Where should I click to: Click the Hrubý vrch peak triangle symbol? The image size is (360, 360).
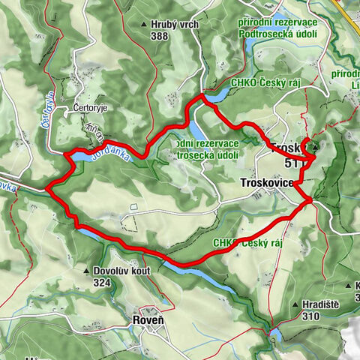(144, 25)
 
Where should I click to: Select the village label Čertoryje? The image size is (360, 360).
(92, 109)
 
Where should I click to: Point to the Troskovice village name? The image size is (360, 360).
(267, 182)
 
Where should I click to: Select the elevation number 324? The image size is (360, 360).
(105, 283)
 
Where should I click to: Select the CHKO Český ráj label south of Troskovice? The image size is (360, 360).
(247, 243)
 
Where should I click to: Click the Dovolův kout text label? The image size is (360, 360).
(123, 272)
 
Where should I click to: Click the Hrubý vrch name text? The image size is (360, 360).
(174, 25)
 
